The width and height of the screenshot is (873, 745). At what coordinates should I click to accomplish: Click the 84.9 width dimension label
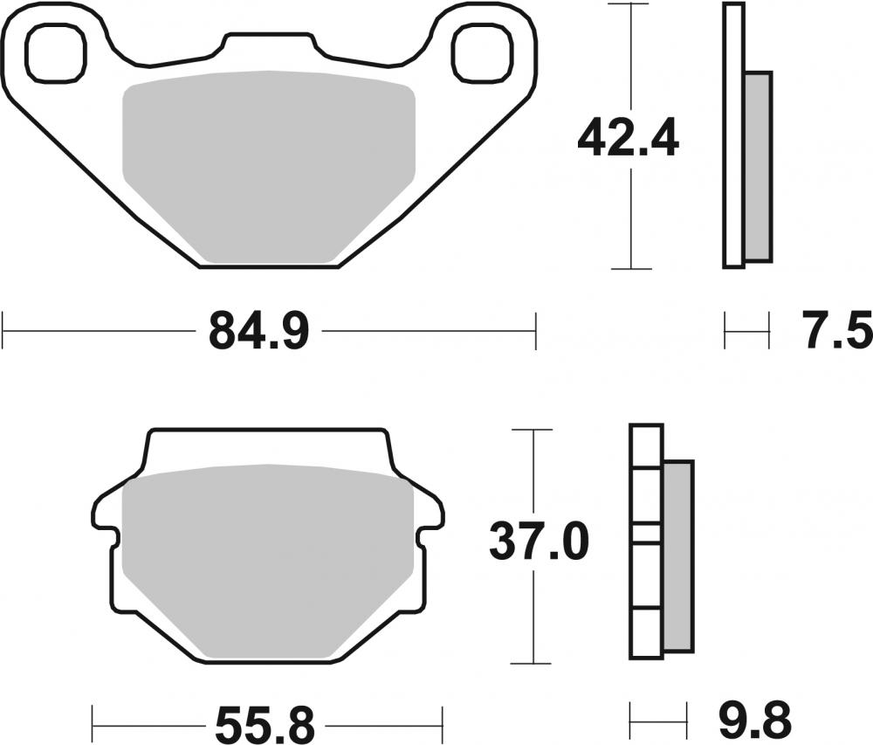(x=258, y=333)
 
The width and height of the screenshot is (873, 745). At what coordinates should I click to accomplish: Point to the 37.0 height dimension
(x=539, y=542)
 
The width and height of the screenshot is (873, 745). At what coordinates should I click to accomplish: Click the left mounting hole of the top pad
(x=58, y=51)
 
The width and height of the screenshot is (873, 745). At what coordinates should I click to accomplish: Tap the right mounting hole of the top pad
(x=479, y=51)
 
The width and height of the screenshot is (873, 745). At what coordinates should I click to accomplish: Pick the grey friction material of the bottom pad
(x=269, y=559)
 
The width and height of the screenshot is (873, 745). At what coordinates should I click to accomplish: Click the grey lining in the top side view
(x=759, y=166)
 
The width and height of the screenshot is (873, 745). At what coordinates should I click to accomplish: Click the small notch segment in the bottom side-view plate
(x=646, y=534)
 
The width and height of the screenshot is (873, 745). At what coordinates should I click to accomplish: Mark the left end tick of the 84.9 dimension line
(x=4, y=332)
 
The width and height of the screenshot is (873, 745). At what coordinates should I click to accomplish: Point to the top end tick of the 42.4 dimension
(x=630, y=4)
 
